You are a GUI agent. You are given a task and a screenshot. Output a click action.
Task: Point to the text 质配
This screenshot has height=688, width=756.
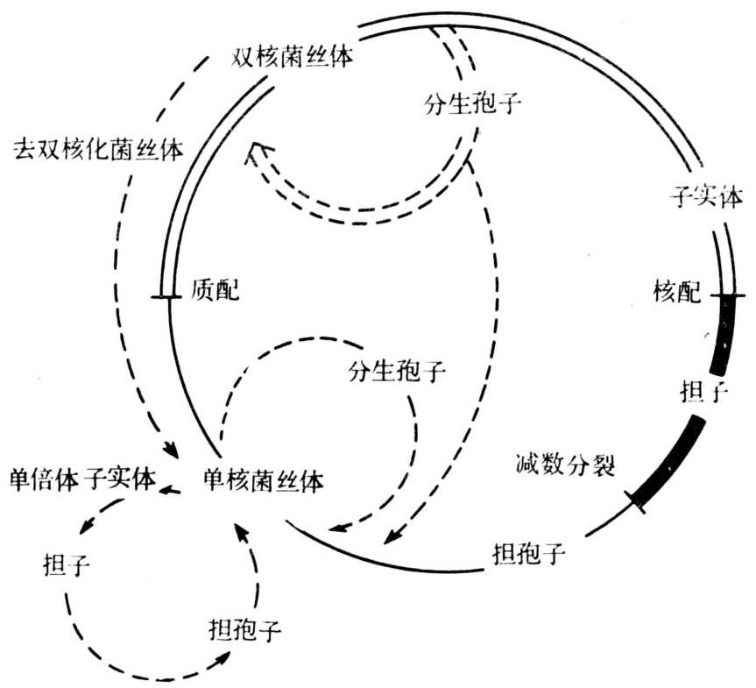click(215, 290)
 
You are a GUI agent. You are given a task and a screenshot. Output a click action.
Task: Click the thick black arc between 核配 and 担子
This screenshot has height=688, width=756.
click(724, 337)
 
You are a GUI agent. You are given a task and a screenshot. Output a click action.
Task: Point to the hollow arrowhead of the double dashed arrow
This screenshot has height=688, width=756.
click(255, 154)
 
